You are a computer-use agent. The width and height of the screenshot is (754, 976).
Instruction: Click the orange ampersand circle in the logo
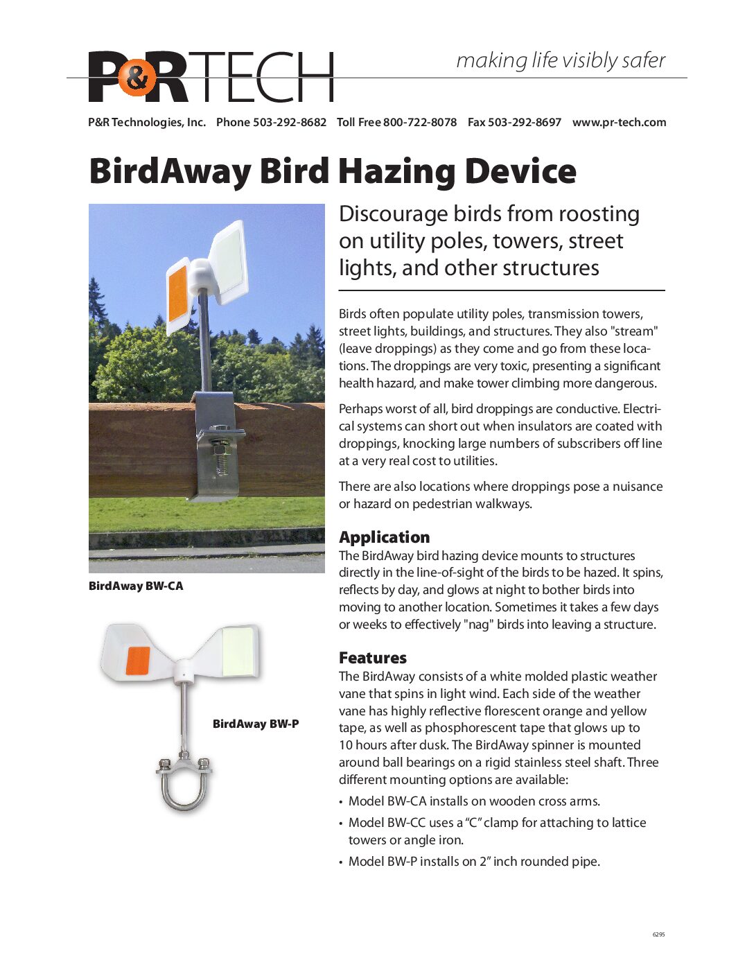point(137,78)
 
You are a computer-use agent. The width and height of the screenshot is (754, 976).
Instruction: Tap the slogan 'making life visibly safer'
point(560,60)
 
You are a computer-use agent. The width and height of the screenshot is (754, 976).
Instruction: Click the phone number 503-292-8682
point(289,122)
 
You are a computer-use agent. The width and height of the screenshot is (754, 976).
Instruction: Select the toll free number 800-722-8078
point(419,122)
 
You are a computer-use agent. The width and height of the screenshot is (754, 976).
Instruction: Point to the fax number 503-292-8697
point(524,122)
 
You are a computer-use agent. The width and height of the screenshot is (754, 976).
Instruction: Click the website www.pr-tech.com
point(619,122)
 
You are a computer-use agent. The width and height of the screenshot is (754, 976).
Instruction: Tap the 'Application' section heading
point(384,537)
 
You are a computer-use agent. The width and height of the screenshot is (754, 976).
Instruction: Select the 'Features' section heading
point(372,657)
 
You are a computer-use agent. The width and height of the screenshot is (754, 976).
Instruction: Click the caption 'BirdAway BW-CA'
point(136,586)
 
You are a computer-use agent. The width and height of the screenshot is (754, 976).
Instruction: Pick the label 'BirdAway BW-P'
point(256,724)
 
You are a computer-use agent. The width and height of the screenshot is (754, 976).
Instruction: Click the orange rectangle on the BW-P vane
point(138,661)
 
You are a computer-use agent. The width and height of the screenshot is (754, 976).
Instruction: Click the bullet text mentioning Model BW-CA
point(474,801)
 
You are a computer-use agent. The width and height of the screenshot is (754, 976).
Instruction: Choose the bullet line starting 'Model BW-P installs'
point(474,862)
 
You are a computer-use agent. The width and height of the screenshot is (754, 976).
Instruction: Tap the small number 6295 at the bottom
point(658,934)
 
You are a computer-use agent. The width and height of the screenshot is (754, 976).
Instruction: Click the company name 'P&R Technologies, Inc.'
point(147,122)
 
